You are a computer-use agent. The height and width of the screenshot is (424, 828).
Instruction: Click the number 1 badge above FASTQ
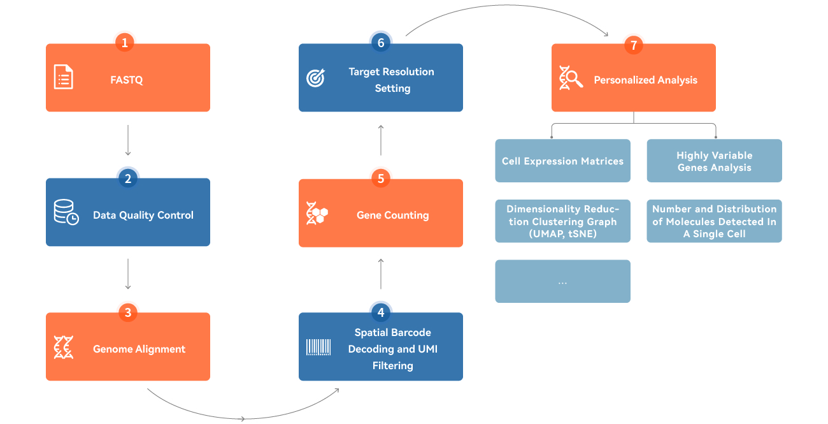pyautogui.click(x=125, y=43)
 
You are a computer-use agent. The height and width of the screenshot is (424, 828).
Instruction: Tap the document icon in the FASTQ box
pyautogui.click(x=63, y=77)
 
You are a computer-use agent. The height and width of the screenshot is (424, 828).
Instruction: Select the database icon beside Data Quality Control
pyautogui.click(x=66, y=213)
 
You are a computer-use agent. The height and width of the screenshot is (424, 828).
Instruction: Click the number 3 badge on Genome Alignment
pyautogui.click(x=128, y=312)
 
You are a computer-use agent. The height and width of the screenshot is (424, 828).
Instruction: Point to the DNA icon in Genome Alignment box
pyautogui.click(x=63, y=347)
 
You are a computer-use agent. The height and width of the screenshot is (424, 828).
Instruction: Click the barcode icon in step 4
pyautogui.click(x=318, y=347)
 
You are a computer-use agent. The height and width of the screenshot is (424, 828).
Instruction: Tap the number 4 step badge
pyautogui.click(x=381, y=312)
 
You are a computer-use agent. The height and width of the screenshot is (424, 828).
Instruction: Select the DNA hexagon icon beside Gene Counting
pyautogui.click(x=317, y=213)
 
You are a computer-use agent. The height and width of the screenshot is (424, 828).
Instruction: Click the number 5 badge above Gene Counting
pyautogui.click(x=381, y=179)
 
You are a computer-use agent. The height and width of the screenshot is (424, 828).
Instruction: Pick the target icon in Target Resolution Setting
pyautogui.click(x=316, y=78)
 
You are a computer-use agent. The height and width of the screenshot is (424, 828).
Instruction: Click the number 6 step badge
pyautogui.click(x=381, y=43)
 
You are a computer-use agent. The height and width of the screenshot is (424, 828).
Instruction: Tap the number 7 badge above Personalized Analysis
pyautogui.click(x=633, y=45)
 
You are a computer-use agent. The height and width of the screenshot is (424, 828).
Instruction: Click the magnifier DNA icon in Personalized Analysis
pyautogui.click(x=571, y=78)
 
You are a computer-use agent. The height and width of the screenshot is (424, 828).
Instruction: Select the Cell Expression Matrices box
pyautogui.click(x=562, y=161)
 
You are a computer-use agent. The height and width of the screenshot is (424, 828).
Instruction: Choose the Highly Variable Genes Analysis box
pyautogui.click(x=714, y=161)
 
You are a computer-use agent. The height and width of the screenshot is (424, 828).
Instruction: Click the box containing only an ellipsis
pyautogui.click(x=562, y=281)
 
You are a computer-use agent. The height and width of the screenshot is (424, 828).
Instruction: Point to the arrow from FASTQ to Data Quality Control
pyautogui.click(x=128, y=140)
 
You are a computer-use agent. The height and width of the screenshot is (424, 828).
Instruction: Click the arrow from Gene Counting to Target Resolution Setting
pyautogui.click(x=381, y=140)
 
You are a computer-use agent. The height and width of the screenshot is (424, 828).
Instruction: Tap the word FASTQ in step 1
pyautogui.click(x=127, y=80)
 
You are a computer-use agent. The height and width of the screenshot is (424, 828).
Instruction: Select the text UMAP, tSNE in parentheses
pyautogui.click(x=562, y=234)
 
